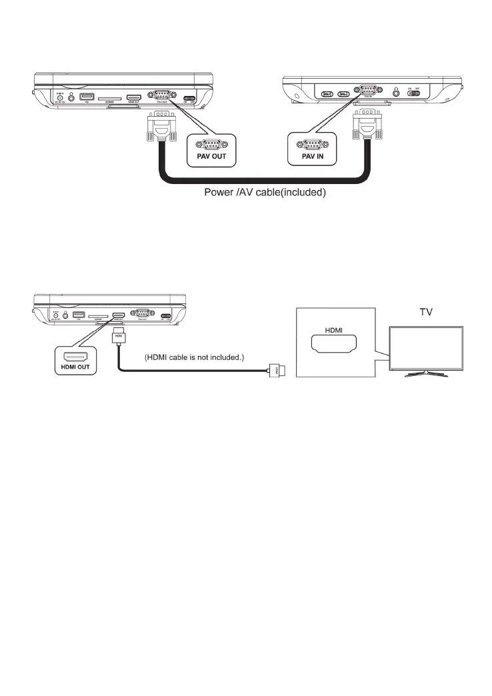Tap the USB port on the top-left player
coord(85,97)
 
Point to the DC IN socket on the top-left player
coord(60,98)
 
